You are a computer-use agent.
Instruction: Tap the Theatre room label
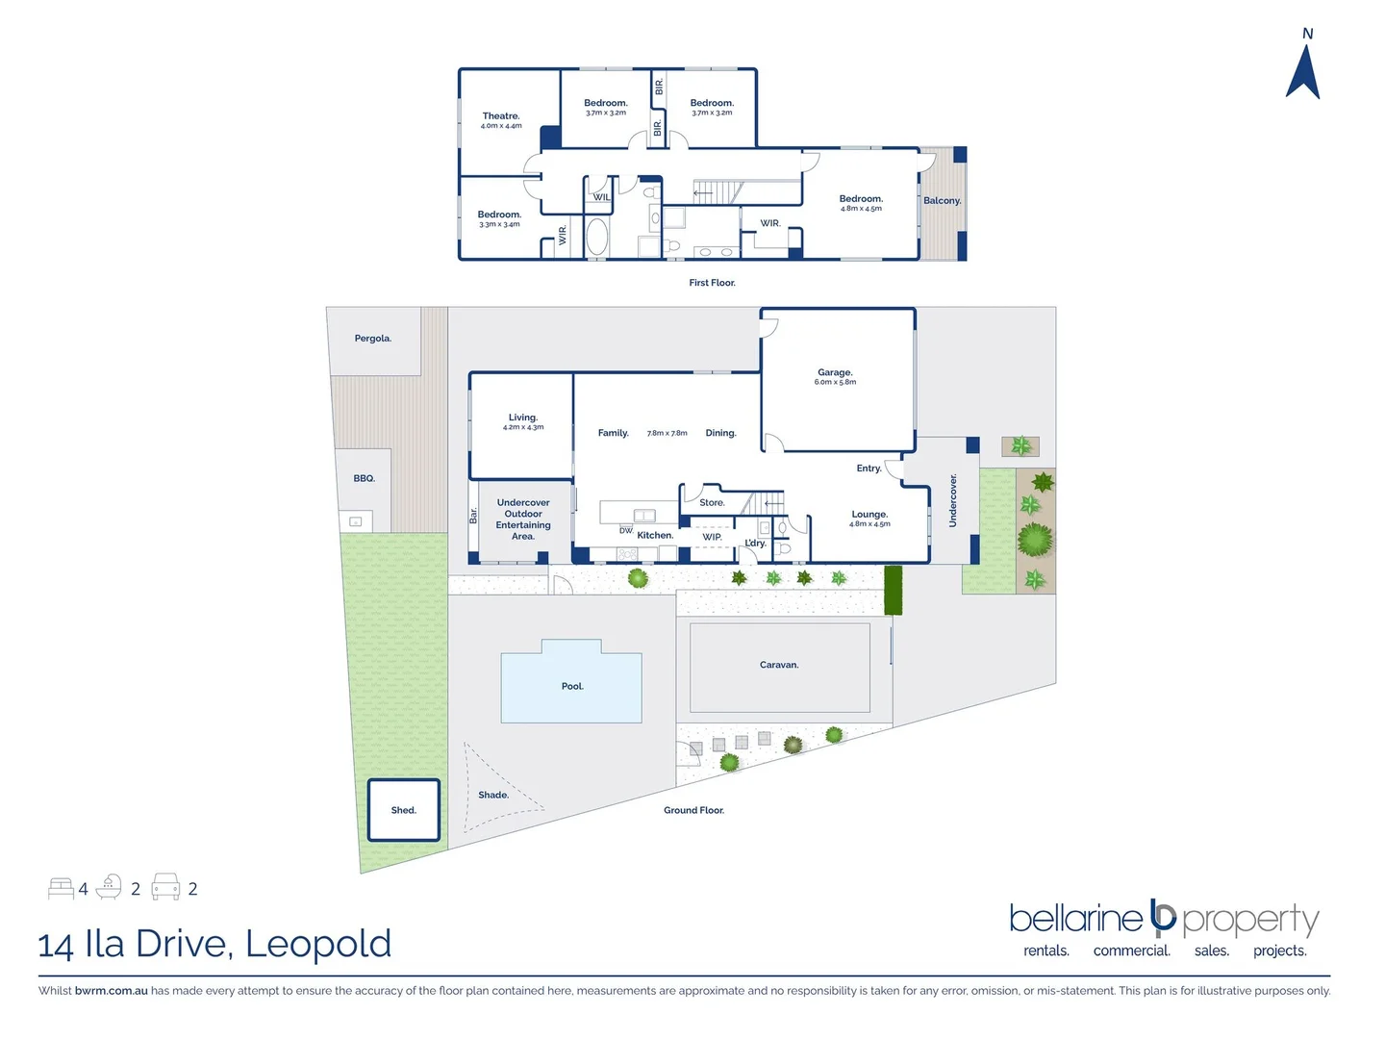501,116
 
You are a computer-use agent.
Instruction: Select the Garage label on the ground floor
835,372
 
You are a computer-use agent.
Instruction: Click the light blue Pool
571,686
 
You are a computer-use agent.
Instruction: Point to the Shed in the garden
404,810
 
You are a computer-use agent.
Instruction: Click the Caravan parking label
779,665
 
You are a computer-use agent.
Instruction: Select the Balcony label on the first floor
942,201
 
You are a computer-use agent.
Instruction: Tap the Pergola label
373,339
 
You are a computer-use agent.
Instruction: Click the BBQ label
364,478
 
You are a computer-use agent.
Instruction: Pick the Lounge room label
869,515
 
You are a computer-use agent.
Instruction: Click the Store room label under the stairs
712,503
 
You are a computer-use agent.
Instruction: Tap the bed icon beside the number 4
61,888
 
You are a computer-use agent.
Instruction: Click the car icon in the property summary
166,887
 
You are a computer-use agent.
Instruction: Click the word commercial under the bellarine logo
1131,950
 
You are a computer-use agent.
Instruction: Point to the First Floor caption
712,283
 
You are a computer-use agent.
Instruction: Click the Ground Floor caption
693,810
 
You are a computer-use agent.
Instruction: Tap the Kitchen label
655,535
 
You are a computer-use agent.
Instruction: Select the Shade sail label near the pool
493,795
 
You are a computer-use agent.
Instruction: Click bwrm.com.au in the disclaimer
112,990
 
